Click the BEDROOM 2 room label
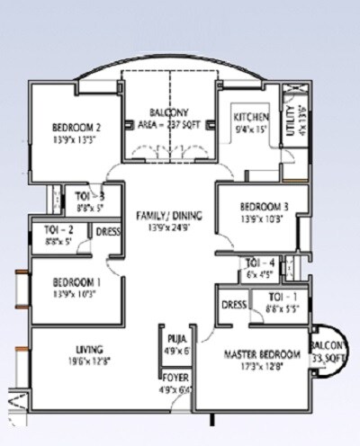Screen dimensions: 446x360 (75, 127)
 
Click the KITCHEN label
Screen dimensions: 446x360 (251, 118)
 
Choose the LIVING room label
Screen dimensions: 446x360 (89, 350)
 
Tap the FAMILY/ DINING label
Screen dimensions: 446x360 (169, 216)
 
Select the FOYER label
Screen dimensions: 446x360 (175, 378)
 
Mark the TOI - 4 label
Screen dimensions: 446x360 (260, 263)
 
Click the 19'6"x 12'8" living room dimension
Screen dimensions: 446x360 (89, 362)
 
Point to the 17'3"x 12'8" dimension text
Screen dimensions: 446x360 (260, 367)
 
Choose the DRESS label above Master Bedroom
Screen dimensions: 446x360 (233, 304)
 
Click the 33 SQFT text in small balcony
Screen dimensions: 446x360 (330, 357)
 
